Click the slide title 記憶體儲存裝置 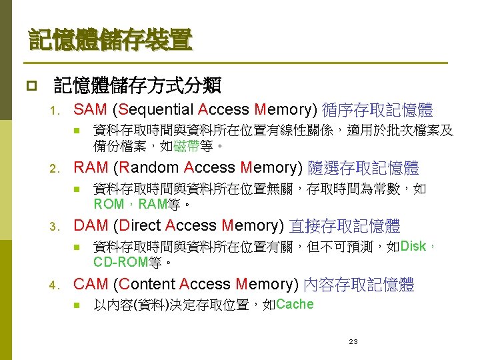(x=110, y=41)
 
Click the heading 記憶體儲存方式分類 (x=137, y=85)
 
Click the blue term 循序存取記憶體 (x=377, y=110)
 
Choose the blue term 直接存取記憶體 (x=345, y=226)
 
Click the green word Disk (x=413, y=247)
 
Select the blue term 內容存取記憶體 (x=359, y=285)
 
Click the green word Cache (x=294, y=305)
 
